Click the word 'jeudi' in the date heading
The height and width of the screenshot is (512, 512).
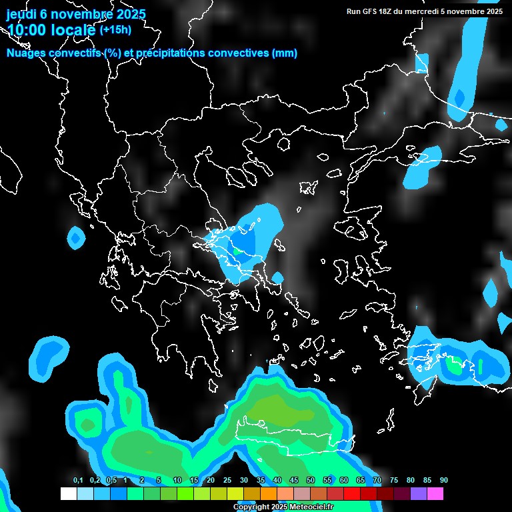[x=21, y=14]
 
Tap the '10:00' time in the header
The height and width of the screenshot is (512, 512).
[x=26, y=30]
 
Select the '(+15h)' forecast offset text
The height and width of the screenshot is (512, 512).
[x=115, y=29]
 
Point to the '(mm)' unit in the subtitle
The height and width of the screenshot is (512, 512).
[x=285, y=53]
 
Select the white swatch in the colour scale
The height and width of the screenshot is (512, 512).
[x=68, y=494]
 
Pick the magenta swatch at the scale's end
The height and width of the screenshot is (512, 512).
[x=435, y=494]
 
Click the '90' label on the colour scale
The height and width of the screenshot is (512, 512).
[x=444, y=481]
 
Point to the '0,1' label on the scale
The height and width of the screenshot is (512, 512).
[x=78, y=481]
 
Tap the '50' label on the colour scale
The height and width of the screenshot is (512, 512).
[x=311, y=481]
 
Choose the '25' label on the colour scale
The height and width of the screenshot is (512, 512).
[x=227, y=481]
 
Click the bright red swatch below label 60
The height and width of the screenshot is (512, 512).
[x=352, y=494]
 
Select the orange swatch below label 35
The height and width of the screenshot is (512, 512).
[x=269, y=494]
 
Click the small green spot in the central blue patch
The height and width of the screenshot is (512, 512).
[x=236, y=251]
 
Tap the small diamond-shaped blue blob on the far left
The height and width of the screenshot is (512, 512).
[x=76, y=237]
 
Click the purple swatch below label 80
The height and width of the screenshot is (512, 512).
[x=419, y=494]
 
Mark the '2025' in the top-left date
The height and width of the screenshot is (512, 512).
[x=131, y=14]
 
